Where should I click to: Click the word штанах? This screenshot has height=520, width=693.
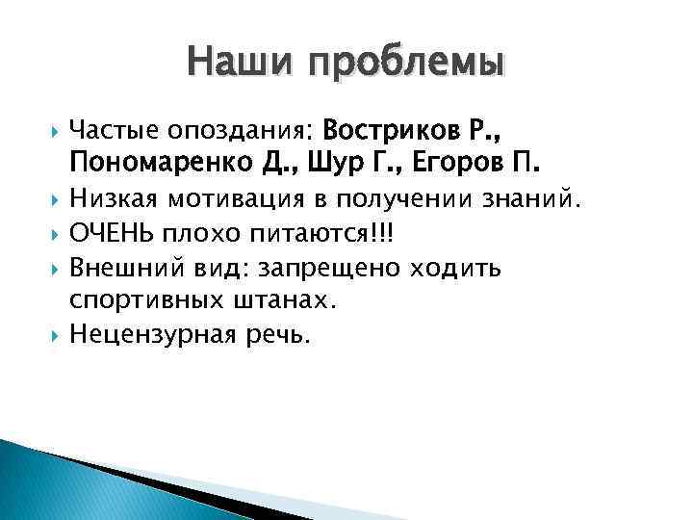point(293,300)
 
